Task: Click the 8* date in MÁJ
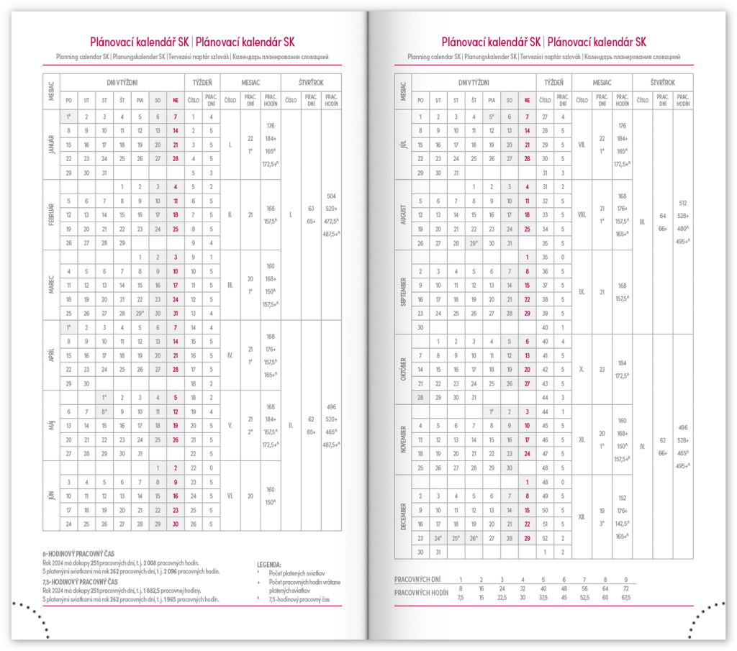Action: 104,411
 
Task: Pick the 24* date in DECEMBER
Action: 437,537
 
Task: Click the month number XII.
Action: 582,516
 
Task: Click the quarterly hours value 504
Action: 332,196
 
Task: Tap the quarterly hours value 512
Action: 683,203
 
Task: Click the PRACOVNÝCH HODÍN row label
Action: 422,591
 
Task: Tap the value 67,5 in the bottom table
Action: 625,596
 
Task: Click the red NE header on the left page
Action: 175,100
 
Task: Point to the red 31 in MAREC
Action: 175,313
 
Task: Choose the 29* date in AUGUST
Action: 474,243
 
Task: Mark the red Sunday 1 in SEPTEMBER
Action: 528,257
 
